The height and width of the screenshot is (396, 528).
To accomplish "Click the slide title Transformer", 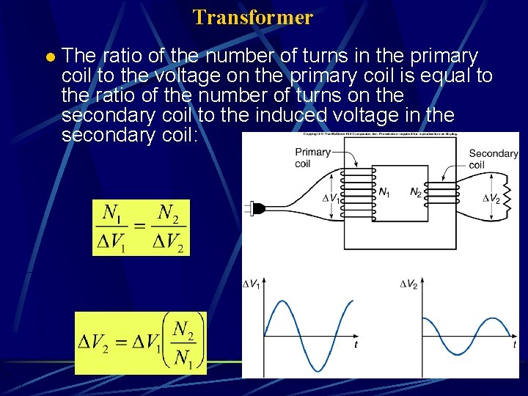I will [x=253, y=17].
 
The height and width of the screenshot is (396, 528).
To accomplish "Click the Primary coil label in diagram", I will [x=312, y=157].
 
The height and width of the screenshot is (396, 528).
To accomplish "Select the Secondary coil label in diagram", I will [x=493, y=158].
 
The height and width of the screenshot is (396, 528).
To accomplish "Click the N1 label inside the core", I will [x=384, y=192].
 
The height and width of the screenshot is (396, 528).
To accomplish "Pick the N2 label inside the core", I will [x=415, y=192].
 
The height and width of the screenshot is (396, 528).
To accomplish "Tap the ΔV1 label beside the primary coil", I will [x=331, y=198].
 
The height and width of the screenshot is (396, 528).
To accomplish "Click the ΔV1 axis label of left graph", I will [x=252, y=285].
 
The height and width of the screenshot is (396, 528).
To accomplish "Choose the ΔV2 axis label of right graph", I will [x=409, y=285].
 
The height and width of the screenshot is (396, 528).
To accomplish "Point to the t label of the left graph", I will [x=356, y=345].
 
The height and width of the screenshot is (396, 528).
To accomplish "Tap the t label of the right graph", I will [x=514, y=345].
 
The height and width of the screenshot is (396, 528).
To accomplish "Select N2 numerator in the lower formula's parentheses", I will [x=184, y=331].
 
